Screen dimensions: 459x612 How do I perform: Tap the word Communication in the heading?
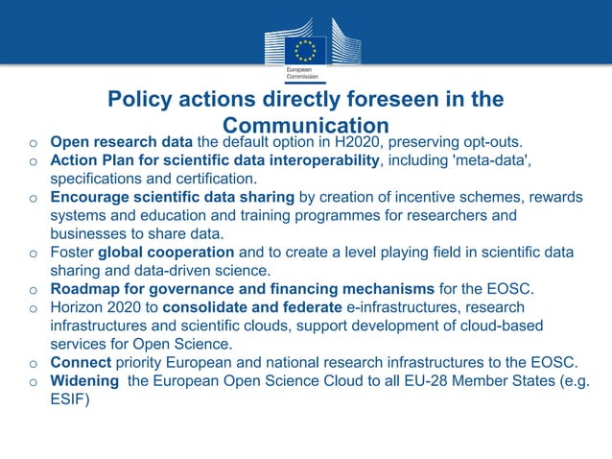[305, 126]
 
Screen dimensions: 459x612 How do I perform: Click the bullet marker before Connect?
[33, 363]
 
